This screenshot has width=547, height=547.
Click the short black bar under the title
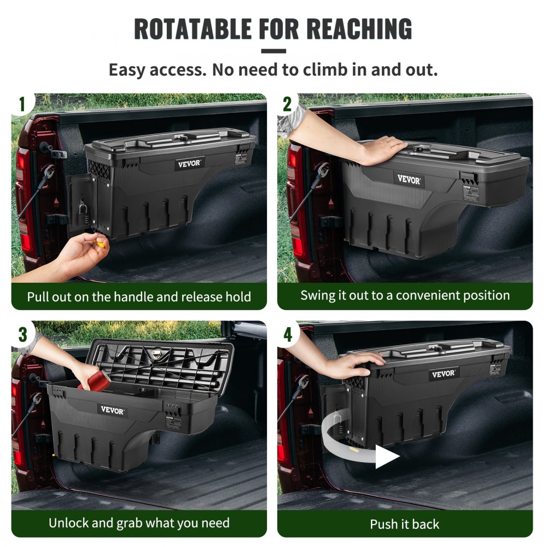click(x=273, y=51)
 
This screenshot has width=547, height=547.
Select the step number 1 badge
click(x=22, y=104)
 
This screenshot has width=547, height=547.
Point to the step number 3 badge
click(x=22, y=334)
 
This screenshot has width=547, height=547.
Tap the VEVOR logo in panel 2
click(x=409, y=179)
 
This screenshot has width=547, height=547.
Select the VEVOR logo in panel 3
click(x=112, y=410)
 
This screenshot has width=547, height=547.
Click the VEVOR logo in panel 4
click(x=443, y=374)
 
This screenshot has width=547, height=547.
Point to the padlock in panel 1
click(x=82, y=208)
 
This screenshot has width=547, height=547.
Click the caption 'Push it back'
click(x=404, y=524)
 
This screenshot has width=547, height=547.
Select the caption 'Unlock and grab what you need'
click(x=139, y=522)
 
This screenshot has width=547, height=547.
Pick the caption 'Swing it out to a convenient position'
click(x=405, y=295)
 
